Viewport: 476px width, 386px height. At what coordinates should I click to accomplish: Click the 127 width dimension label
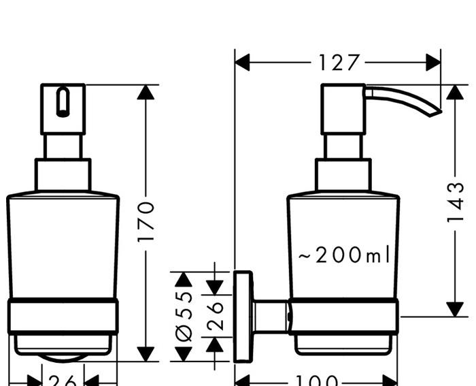pyautogui.click(x=339, y=63)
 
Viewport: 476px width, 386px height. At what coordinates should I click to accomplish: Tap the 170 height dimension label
pyautogui.click(x=146, y=221)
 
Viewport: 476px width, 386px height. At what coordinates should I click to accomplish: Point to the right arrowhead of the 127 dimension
pyautogui.click(x=433, y=63)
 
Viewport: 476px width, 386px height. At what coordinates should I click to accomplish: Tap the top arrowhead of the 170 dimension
pyautogui.click(x=146, y=93)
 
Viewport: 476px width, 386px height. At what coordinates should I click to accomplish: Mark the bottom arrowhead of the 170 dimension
pyautogui.click(x=146, y=353)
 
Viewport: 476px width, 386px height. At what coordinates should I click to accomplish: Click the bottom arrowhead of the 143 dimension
pyautogui.click(x=455, y=308)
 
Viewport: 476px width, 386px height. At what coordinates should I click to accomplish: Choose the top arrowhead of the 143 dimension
pyautogui.click(x=455, y=93)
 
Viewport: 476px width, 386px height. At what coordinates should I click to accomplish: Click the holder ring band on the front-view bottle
pyautogui.click(x=63, y=316)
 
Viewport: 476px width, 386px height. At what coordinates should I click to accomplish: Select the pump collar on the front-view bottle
pyautogui.click(x=63, y=175)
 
